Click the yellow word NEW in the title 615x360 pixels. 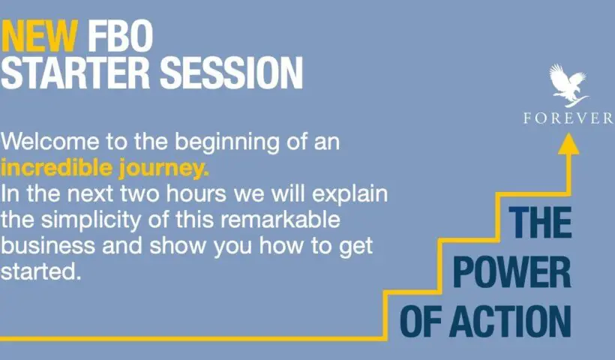pyautogui.click(x=39, y=36)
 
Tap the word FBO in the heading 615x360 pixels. pyautogui.click(x=120, y=36)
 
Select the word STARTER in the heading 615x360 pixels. pyautogui.click(x=75, y=73)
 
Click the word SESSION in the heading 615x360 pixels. pyautogui.click(x=232, y=73)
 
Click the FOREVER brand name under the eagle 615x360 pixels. pyautogui.click(x=568, y=118)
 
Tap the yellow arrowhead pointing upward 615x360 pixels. pyautogui.click(x=568, y=143)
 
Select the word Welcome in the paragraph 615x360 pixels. pyautogui.click(x=49, y=141)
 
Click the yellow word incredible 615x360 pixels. pyautogui.click(x=57, y=167)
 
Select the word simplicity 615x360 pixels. pyautogui.click(x=91, y=220)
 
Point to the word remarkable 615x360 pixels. pyautogui.click(x=280, y=219)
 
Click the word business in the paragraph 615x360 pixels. pyautogui.click(x=48, y=245)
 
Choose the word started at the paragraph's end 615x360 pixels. pyautogui.click(x=40, y=271)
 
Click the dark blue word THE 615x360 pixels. pyautogui.click(x=541, y=222)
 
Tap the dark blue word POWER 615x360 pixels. pyautogui.click(x=511, y=272)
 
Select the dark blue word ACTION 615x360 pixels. pyautogui.click(x=510, y=322)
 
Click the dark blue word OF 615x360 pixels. pyautogui.click(x=421, y=322)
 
